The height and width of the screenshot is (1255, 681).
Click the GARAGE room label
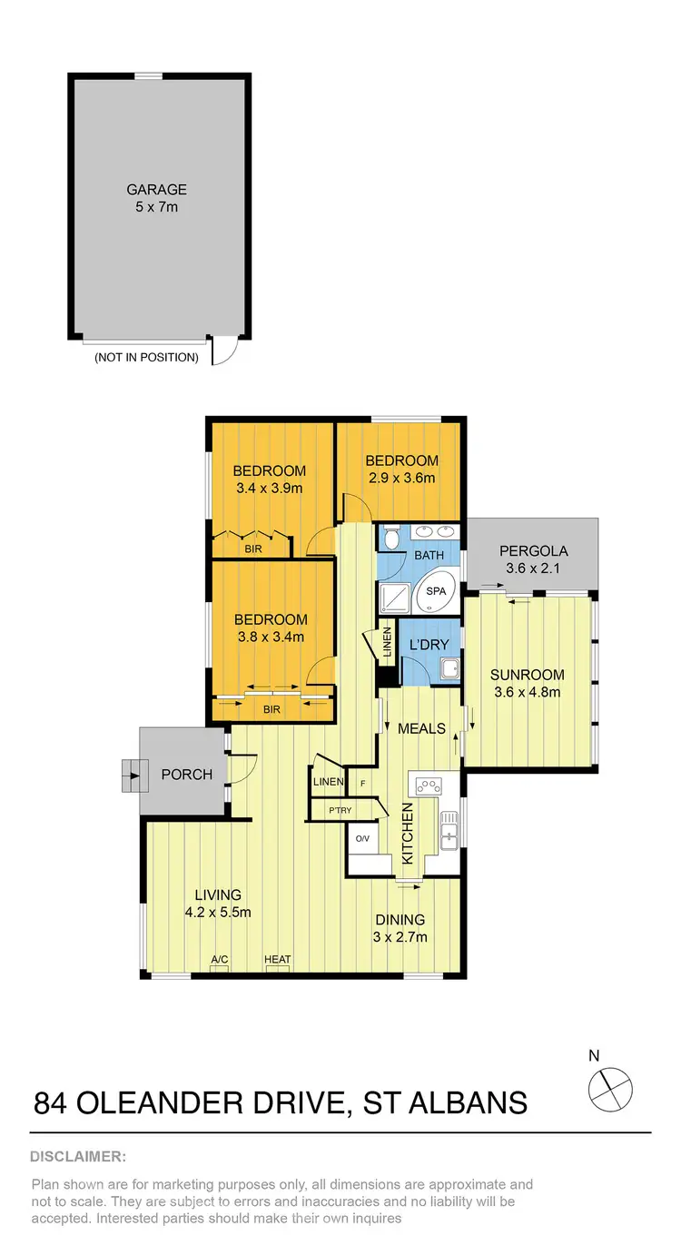pos(157,190)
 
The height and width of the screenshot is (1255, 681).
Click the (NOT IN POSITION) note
pos(146,357)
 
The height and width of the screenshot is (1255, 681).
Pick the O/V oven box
pos(360,837)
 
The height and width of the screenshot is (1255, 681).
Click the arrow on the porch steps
pos(135,776)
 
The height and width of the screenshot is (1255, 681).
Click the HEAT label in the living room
pos(277,959)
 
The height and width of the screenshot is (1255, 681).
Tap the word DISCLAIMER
pos(78,1157)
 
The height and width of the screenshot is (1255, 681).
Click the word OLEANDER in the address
pos(172,1102)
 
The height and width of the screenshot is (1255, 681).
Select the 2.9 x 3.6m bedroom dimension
pos(403,477)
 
